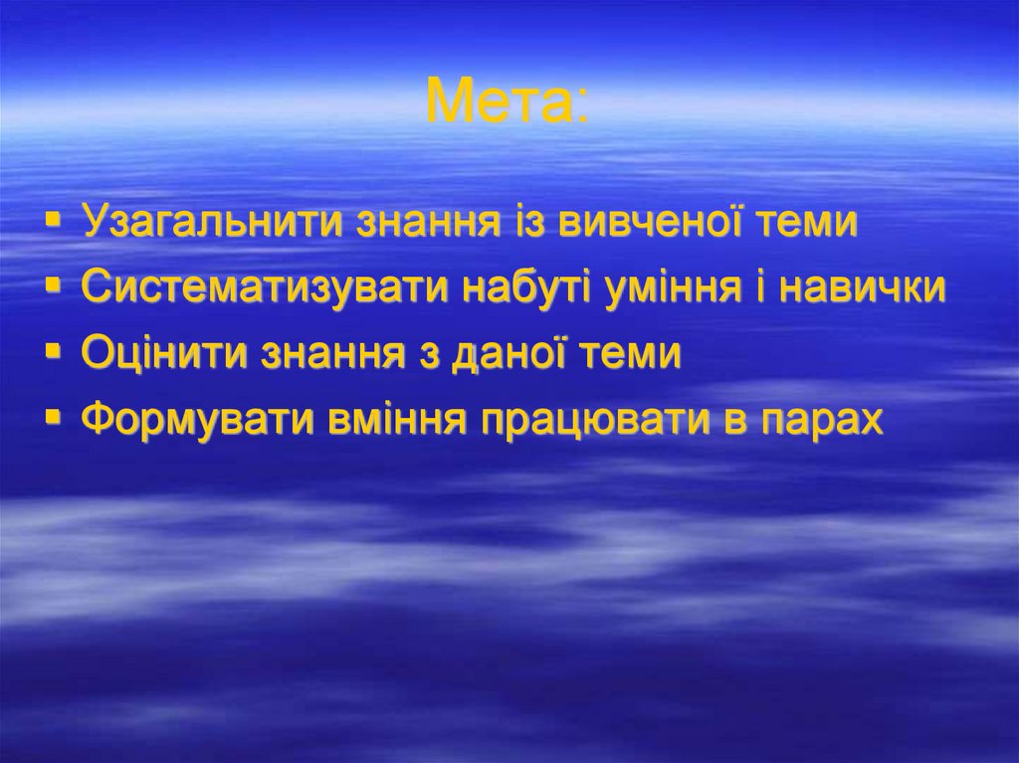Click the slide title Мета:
[508, 101]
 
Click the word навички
[861, 288]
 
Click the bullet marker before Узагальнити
[53, 218]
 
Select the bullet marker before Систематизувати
[53, 285]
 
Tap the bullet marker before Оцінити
[53, 350]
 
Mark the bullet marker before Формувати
[53, 416]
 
